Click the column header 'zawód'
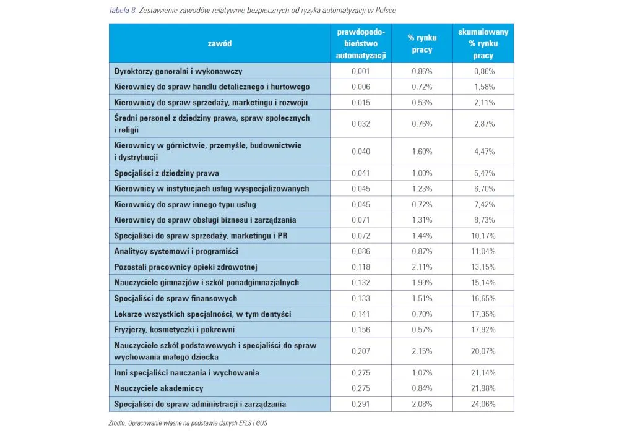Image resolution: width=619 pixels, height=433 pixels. tap(220, 43)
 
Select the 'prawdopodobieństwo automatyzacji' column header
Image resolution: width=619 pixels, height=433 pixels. tap(361, 43)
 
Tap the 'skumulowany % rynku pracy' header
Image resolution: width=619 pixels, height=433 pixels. tap(483, 43)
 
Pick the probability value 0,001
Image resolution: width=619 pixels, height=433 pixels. tap(361, 71)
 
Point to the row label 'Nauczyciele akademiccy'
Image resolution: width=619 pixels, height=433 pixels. tap(159, 388)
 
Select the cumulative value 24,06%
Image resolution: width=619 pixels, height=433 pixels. tap(484, 404)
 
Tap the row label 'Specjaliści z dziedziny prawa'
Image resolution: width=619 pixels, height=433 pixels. tap(167, 173)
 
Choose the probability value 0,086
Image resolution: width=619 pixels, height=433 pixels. tap(361, 251)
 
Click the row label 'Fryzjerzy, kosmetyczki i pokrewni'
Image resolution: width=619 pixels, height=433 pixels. tap(175, 329)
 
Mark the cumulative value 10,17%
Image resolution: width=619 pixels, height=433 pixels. tap(484, 236)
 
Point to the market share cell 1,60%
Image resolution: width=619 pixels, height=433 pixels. tap(422, 152)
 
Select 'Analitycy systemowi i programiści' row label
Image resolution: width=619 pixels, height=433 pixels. tap(176, 251)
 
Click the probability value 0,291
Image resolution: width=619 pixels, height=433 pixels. tap(361, 404)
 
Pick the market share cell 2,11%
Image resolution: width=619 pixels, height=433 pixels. tap(422, 267)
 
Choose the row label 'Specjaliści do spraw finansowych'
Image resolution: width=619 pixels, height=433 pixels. tap(175, 298)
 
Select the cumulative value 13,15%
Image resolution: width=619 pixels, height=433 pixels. tap(484, 267)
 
